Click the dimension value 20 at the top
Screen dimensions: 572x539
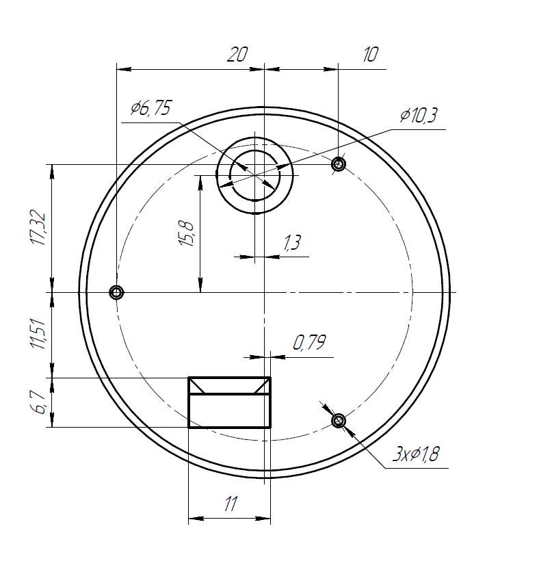pyautogui.click(x=237, y=55)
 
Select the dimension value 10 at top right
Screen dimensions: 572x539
pyautogui.click(x=369, y=55)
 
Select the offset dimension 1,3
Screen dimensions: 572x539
pyautogui.click(x=292, y=243)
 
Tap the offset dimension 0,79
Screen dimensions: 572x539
pyautogui.click(x=309, y=343)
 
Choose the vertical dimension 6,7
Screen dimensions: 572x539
pyautogui.click(x=39, y=403)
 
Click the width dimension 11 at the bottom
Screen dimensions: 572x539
pyautogui.click(x=230, y=505)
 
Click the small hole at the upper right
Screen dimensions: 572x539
pyautogui.click(x=338, y=164)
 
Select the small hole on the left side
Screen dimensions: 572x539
pyautogui.click(x=116, y=293)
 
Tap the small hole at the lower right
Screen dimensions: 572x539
pyautogui.click(x=338, y=420)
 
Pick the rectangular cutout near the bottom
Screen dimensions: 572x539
pyautogui.click(x=229, y=411)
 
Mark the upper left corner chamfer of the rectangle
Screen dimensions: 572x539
pyautogui.click(x=198, y=386)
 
